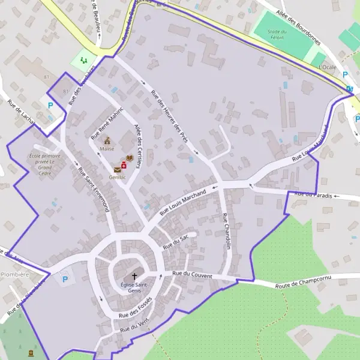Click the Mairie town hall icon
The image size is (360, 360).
tap(107, 140)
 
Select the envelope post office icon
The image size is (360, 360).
tap(117, 170)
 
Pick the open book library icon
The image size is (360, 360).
tap(130, 158)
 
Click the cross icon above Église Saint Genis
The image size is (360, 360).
tap(134, 276)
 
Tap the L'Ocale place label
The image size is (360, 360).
tap(328, 67)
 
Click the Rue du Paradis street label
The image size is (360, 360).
tap(314, 194)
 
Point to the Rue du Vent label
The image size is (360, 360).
tap(133, 326)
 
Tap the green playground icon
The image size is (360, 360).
tap(83, 60)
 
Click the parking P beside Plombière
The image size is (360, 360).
tap(64, 279)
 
